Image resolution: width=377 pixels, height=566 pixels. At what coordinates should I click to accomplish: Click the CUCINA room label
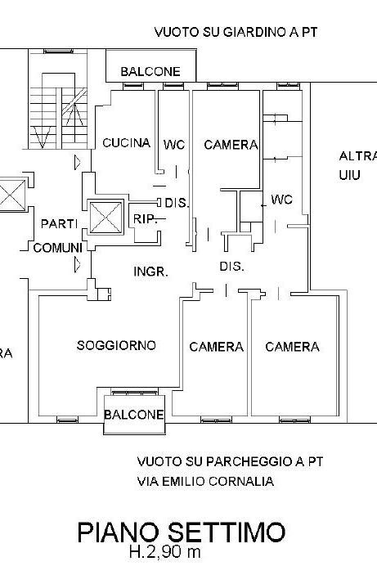(x=126, y=143)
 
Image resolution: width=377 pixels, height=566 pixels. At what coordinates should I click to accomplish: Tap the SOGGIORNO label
(x=116, y=345)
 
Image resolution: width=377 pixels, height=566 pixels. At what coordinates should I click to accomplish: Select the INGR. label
(x=150, y=272)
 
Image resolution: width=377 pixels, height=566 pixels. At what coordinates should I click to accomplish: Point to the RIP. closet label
(x=146, y=218)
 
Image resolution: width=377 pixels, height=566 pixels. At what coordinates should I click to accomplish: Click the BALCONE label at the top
(x=150, y=71)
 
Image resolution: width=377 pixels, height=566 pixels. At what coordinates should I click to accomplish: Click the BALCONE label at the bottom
(x=134, y=415)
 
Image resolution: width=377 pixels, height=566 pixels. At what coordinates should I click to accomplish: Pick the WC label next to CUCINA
(x=174, y=145)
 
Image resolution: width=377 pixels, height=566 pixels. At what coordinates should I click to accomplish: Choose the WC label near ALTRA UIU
(x=281, y=200)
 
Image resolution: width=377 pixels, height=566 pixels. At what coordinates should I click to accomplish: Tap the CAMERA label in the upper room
(x=231, y=145)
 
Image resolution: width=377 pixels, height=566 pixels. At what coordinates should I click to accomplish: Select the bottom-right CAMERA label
(x=292, y=347)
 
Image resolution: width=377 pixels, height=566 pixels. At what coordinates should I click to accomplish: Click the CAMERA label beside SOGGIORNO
(x=216, y=347)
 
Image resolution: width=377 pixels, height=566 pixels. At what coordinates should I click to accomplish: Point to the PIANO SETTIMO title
(x=182, y=532)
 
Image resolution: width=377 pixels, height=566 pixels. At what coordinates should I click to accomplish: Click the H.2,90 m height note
(x=165, y=551)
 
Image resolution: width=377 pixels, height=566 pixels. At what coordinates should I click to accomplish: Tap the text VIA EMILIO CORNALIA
(x=205, y=482)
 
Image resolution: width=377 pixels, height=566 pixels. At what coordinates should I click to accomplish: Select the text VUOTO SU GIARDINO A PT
(x=236, y=32)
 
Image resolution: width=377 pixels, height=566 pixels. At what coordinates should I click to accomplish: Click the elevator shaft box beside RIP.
(x=105, y=218)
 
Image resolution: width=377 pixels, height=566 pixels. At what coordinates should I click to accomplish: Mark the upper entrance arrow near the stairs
(x=77, y=163)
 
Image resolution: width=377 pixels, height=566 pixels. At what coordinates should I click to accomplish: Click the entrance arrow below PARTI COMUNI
(x=77, y=264)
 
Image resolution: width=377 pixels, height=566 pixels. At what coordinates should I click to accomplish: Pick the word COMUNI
(x=58, y=248)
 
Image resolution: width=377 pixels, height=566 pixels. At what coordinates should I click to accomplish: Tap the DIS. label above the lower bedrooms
(x=232, y=267)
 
